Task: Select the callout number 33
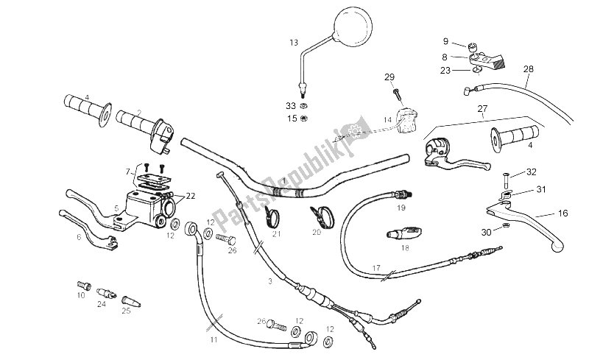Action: (291, 106)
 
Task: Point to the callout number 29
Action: (389, 77)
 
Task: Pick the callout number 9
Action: (445, 41)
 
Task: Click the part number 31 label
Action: (540, 189)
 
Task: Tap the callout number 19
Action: (401, 208)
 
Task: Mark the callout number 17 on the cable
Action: (375, 267)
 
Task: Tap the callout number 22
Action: (191, 195)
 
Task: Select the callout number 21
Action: (277, 234)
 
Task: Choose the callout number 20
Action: (317, 232)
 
